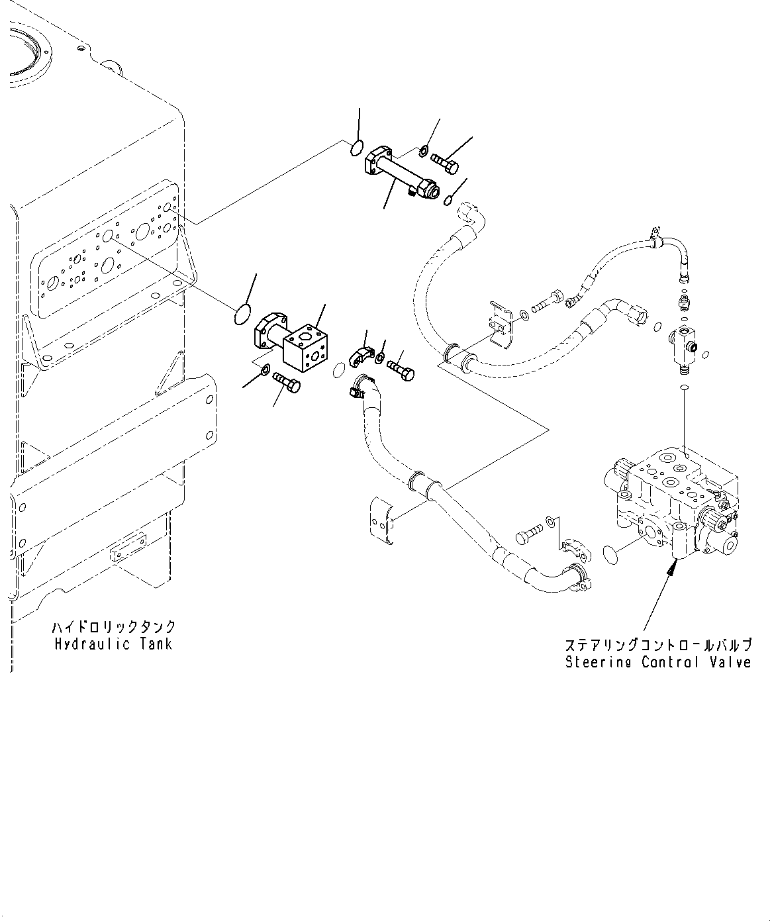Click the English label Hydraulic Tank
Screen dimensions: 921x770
pos(113,644)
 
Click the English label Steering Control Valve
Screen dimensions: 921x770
pos(658,662)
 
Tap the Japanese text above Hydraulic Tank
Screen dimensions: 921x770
pos(113,626)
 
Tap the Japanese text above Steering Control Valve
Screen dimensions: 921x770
pos(658,645)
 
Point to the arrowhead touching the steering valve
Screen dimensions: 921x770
pos(673,564)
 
